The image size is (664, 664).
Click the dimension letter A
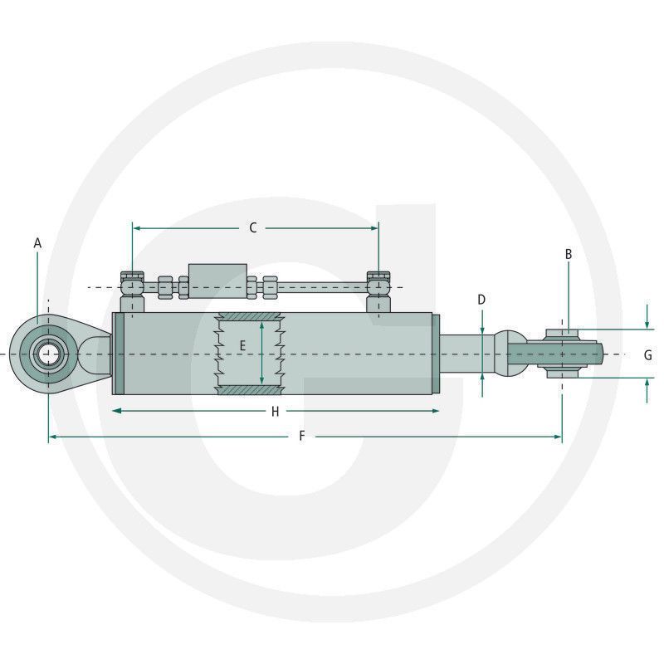pos(37,243)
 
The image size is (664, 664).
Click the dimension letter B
pos(569,254)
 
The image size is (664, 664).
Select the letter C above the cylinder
pos(253,227)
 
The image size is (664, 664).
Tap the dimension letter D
pos(481,300)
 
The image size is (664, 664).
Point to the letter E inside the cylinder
pos(242,346)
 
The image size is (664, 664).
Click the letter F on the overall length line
pos(301,436)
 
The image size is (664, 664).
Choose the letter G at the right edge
pos(648,355)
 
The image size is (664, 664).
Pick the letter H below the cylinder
pos(276,411)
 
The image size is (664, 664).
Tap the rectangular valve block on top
pos(217,281)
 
